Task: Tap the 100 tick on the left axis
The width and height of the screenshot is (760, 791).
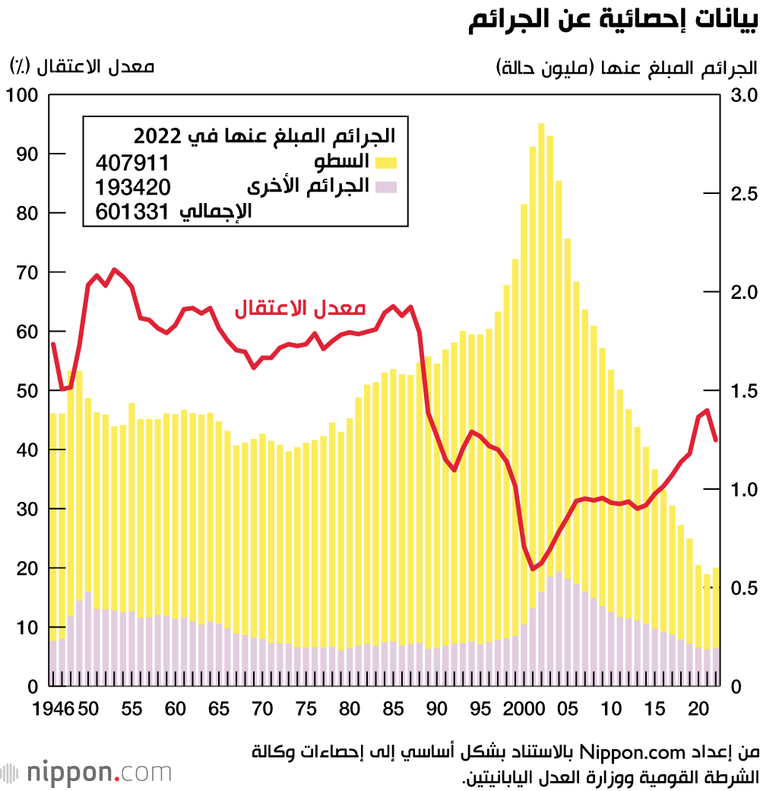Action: (x=22, y=95)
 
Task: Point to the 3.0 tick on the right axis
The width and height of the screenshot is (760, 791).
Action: (x=742, y=95)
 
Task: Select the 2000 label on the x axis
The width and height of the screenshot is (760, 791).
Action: (x=523, y=709)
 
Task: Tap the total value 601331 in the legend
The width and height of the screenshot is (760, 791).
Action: (x=132, y=213)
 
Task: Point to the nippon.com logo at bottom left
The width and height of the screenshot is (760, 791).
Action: (x=87, y=773)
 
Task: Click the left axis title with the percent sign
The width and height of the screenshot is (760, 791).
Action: (x=81, y=67)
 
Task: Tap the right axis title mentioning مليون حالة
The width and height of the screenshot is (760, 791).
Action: (x=627, y=67)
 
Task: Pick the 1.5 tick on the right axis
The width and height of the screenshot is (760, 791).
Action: (x=742, y=391)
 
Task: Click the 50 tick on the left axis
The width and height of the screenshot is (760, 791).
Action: (x=27, y=391)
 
